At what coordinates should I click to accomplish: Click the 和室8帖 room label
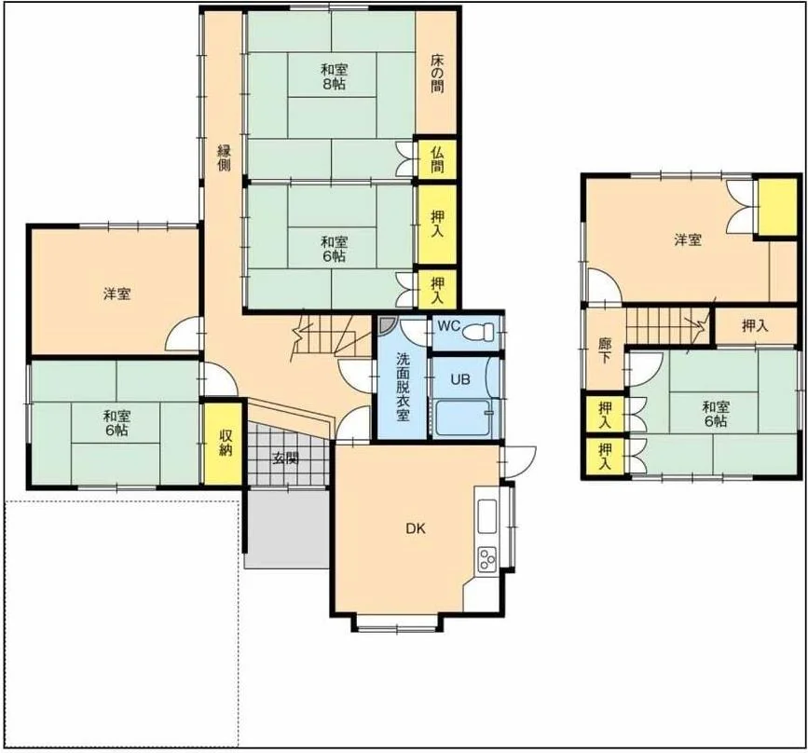pyautogui.click(x=334, y=76)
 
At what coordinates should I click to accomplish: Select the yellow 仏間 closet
pyautogui.click(x=437, y=159)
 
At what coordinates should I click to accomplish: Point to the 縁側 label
pyautogui.click(x=224, y=157)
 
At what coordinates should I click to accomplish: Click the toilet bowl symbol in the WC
pyautogui.click(x=478, y=332)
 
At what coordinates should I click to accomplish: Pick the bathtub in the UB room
pyautogui.click(x=462, y=418)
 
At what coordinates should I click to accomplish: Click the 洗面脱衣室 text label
pyautogui.click(x=403, y=387)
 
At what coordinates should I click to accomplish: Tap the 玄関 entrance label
pyautogui.click(x=285, y=458)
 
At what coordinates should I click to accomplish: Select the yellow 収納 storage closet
pyautogui.click(x=223, y=444)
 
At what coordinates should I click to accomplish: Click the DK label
pyautogui.click(x=416, y=528)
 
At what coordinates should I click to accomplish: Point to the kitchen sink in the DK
pyautogui.click(x=487, y=516)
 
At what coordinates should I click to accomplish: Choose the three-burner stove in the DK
pyautogui.click(x=486, y=559)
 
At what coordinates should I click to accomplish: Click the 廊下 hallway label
pyautogui.click(x=605, y=350)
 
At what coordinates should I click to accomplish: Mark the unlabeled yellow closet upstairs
pyautogui.click(x=777, y=207)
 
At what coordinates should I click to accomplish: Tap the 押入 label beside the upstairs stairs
pyautogui.click(x=755, y=326)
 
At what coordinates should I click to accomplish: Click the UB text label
pyautogui.click(x=460, y=379)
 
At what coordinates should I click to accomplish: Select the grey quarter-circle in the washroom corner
pyautogui.click(x=387, y=324)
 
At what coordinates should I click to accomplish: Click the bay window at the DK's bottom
pyautogui.click(x=397, y=623)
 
